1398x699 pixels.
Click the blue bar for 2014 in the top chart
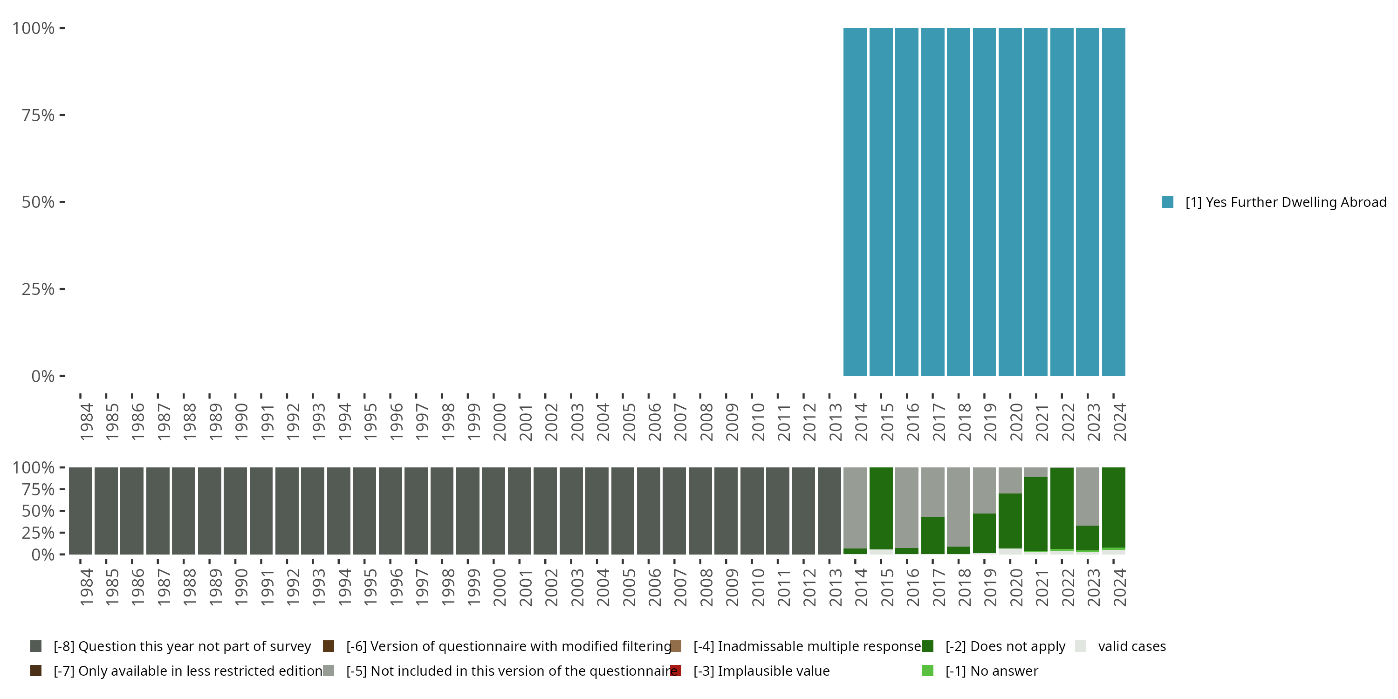coord(855,202)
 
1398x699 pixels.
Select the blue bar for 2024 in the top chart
coord(1113,202)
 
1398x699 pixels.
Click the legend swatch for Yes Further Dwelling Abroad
coord(1168,202)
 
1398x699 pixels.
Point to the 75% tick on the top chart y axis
coord(62,115)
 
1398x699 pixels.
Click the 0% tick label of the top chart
coord(43,376)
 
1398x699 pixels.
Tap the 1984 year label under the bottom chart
coord(86,587)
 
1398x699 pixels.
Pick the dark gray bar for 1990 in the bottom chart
coord(235,511)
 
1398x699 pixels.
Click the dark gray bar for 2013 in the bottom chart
coord(829,511)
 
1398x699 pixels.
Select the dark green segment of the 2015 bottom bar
coord(881,507)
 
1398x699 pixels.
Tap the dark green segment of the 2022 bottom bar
coord(1062,508)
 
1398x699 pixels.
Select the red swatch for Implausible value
coord(676,671)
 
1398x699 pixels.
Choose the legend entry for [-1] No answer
coord(992,671)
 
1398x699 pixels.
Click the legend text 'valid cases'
coord(1131,646)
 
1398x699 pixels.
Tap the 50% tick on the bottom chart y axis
coord(62,511)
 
